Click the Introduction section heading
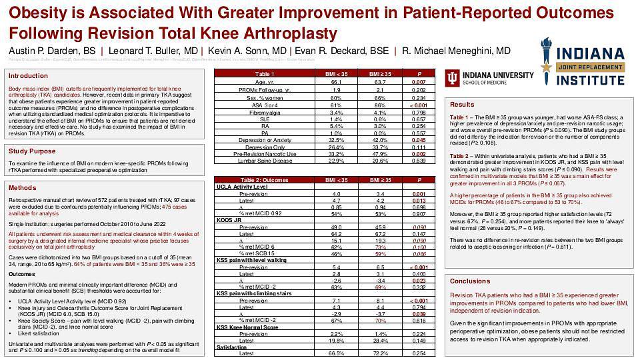point(28,76)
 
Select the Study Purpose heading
point(32,151)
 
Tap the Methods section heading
point(23,188)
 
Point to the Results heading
point(462,105)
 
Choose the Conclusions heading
point(469,281)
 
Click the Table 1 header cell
point(265,74)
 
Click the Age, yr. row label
point(265,81)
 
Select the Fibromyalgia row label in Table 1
point(265,113)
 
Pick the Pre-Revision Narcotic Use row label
point(265,153)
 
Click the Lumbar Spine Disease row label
point(265,161)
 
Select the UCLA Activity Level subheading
point(241,187)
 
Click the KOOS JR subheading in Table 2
point(229,219)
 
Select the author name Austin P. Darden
point(51,51)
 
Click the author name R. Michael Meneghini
point(456,51)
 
